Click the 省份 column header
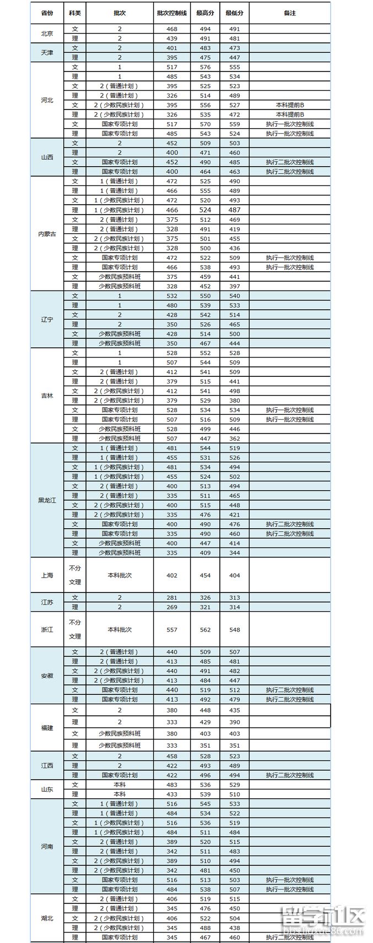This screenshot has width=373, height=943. click(47, 13)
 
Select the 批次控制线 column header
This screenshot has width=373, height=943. click(171, 13)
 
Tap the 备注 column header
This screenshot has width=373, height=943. click(289, 13)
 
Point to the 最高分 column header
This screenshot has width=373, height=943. click(204, 13)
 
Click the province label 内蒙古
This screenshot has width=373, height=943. click(47, 234)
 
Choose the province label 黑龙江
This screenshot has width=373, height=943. click(47, 500)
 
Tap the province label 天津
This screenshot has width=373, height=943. click(47, 53)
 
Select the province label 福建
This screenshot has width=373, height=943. click(47, 728)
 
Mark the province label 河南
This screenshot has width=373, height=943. click(47, 847)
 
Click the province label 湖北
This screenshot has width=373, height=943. click(47, 918)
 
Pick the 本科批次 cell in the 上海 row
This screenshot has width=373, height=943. click(120, 575)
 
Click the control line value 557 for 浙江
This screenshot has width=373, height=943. click(171, 630)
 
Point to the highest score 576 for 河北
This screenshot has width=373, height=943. click(205, 67)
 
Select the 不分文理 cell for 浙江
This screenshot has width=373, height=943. click(75, 629)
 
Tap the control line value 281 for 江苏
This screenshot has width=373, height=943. click(171, 597)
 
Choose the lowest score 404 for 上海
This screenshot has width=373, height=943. click(235, 575)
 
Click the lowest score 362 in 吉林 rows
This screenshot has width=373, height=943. click(235, 438)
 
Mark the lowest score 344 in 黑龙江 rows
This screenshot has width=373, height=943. click(235, 553)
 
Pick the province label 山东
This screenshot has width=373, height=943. click(47, 790)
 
